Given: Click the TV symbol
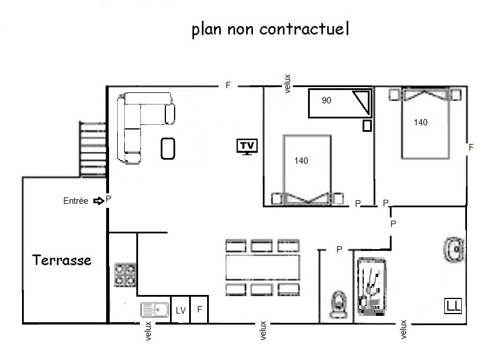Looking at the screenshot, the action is tap(247, 147).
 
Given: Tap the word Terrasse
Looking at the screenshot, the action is tap(61, 260).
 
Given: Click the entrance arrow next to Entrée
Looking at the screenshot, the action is tap(99, 201).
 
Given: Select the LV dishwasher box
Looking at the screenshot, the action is tap(180, 309).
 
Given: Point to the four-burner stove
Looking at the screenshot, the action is tap(125, 275).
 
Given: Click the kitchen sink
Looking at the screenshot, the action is tap(155, 309).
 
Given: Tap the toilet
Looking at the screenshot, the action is tap(338, 305).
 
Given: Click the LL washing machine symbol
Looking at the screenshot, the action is tap(453, 306).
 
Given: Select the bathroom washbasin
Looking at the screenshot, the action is tap(454, 250).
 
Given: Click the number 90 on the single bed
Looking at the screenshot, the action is tap(327, 100).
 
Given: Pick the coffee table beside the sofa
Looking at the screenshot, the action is tap(168, 149).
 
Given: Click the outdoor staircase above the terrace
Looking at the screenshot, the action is tap(92, 149).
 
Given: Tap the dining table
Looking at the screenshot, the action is tap(263, 268).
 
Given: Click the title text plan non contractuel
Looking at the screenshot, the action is tap(270, 29).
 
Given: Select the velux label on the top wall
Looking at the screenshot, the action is tap(287, 84).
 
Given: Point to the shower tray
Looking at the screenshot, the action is tap(372, 287).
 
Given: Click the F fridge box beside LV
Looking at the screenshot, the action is tap(200, 309).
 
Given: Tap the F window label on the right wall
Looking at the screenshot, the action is tap(471, 147).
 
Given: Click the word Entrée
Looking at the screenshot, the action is tap(75, 201).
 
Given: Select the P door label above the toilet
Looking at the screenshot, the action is tap(339, 250).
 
